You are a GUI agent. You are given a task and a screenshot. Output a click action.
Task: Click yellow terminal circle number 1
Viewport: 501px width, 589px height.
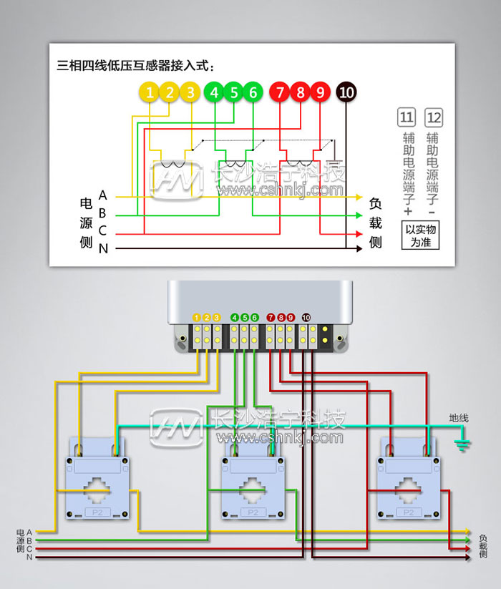click(x=149, y=92)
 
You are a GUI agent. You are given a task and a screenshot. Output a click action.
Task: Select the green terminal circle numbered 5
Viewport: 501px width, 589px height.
click(x=233, y=92)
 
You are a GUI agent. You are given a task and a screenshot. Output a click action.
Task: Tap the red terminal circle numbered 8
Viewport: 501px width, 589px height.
click(x=301, y=92)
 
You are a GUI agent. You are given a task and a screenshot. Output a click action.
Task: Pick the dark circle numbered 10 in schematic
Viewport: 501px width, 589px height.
click(x=346, y=92)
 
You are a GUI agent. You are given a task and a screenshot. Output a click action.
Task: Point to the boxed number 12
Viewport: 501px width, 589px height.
click(x=434, y=117)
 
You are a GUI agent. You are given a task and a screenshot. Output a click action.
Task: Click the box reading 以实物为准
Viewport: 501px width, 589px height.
click(x=420, y=235)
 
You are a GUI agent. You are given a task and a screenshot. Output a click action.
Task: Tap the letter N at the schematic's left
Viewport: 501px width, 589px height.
click(x=103, y=248)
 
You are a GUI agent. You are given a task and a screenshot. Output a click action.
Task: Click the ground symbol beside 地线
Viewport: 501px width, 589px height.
click(x=462, y=445)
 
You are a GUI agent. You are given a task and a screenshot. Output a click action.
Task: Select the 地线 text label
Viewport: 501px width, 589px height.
click(x=459, y=418)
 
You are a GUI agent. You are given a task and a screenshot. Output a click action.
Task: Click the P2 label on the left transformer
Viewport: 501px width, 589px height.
click(x=96, y=512)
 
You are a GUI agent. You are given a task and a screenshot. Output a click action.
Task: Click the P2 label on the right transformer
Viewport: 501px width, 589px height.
click(x=408, y=512)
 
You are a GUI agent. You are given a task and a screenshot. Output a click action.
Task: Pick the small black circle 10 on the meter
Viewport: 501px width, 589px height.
click(x=306, y=317)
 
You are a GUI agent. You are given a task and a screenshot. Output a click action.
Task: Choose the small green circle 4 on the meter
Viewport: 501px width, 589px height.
click(x=235, y=317)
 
